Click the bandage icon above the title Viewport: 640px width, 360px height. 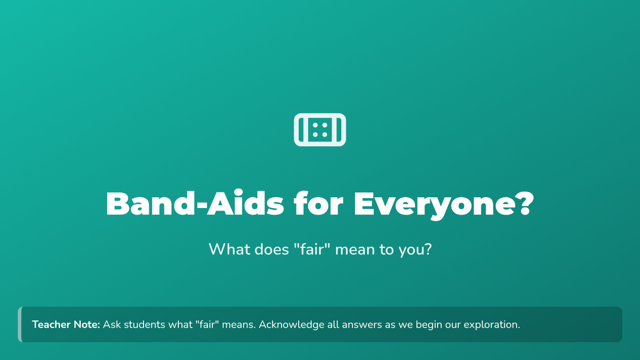pos(320,130)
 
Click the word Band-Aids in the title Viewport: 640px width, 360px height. pos(195,203)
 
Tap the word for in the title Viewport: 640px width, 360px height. pos(318,203)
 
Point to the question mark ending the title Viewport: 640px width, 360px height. pos(526,203)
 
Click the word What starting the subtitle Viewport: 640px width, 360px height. pos(229,249)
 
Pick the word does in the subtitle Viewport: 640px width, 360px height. pos(271,249)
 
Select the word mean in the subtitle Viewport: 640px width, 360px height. pos(355,250)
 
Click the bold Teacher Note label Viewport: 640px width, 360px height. pos(66,325)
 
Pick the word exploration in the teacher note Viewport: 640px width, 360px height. pos(491,325)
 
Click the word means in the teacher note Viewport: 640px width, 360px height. pos(238,325)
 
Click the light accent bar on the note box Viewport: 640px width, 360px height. pos(20,325)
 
